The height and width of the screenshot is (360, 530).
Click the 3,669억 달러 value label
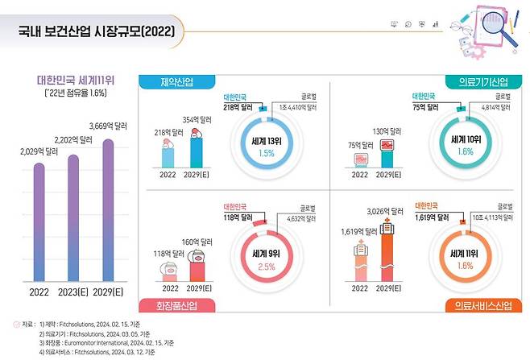tap(110, 126)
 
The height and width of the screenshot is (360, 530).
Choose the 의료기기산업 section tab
tap(478, 83)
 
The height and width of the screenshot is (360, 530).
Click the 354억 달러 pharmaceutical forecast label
tap(198, 120)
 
